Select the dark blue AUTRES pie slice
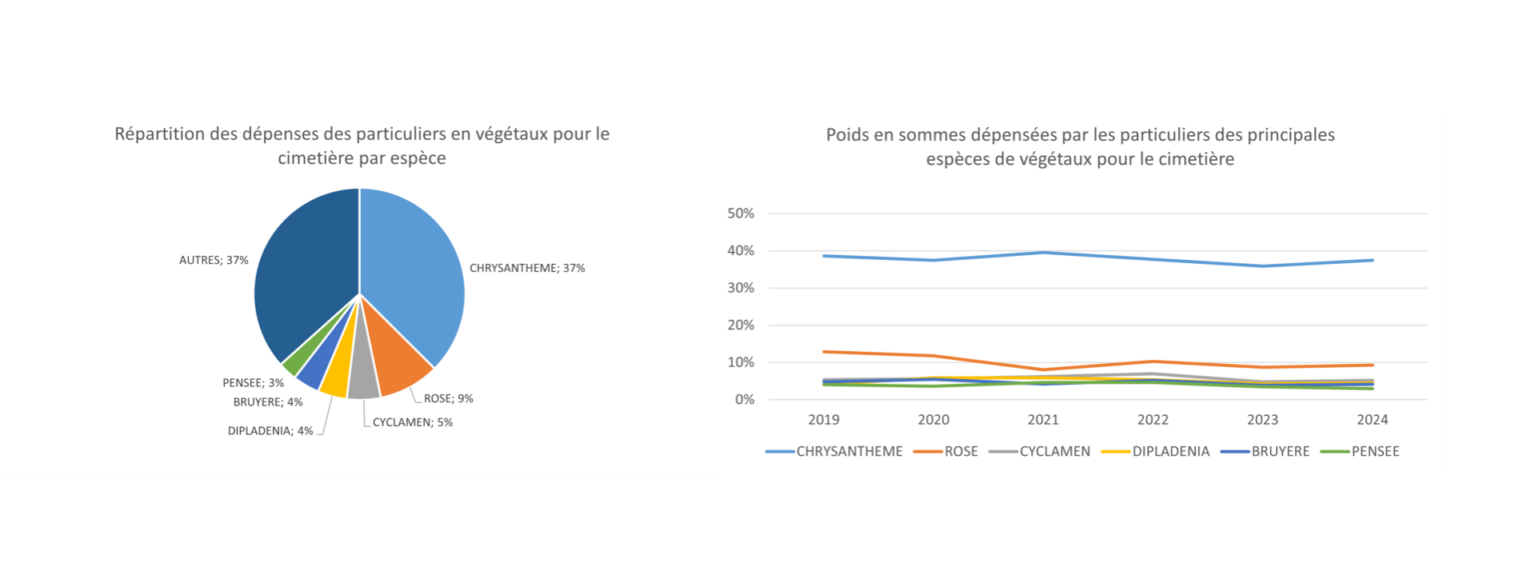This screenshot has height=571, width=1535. click(x=305, y=270)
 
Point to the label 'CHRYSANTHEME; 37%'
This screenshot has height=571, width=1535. click(x=527, y=268)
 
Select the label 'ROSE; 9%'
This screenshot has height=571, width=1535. click(x=448, y=398)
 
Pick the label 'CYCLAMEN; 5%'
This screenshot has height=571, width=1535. click(x=413, y=422)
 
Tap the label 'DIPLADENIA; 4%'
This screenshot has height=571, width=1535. click(x=270, y=431)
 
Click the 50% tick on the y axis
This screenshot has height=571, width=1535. click(x=740, y=214)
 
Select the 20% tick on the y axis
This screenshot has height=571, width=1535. click(x=740, y=325)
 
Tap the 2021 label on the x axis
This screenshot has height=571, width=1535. click(x=1041, y=420)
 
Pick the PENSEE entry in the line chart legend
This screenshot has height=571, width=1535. click(x=1364, y=451)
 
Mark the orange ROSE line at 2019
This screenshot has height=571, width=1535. click(x=823, y=352)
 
